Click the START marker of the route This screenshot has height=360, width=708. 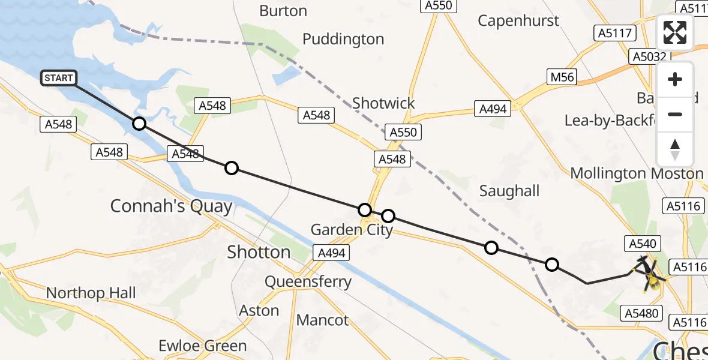pos(59,78)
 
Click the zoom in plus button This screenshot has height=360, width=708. pos(675,80)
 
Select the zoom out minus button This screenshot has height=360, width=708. pos(675,114)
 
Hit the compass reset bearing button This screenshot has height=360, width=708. pos(675,149)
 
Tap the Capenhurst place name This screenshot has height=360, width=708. pos(518,20)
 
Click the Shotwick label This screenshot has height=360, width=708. pos(383,103)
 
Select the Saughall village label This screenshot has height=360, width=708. pos(509,191)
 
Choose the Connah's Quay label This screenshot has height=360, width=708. pos(171,206)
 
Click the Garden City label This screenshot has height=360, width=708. pos(352,230)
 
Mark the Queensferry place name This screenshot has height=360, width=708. pos(308,282)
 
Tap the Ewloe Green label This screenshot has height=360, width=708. pos(202,346)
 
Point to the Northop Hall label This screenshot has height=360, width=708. pos(91,293)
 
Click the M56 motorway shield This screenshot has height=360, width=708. pos(562,76)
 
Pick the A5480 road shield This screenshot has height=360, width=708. pos(643,313)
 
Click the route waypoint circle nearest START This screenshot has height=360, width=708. pos(139,124)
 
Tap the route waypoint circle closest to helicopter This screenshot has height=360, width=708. pos(552,265)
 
